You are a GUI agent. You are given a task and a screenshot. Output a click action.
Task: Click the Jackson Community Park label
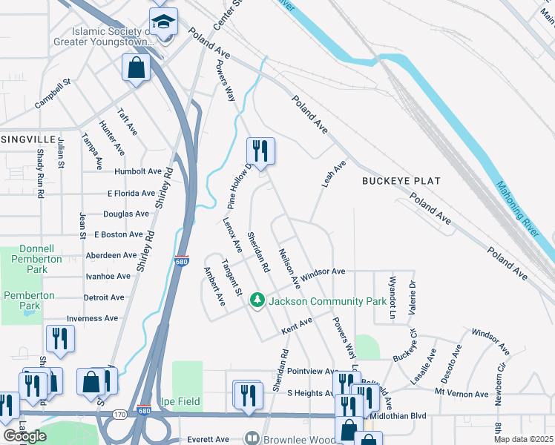pos(327,301)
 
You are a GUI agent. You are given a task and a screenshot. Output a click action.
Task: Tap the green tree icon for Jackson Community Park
pos(257,300)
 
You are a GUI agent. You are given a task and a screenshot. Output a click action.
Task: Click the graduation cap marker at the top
pos(163,20)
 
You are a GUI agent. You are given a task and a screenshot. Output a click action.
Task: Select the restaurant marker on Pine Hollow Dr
pos(260,151)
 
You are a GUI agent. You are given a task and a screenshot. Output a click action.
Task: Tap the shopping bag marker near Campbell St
pos(137,67)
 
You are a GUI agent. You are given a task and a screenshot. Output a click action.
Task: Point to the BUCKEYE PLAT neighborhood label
pos(401,181)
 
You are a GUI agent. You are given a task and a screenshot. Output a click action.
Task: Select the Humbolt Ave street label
pos(138,171)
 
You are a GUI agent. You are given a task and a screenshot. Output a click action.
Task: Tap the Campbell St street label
pos(52,96)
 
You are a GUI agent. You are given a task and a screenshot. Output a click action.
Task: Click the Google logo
pos(24,436)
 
